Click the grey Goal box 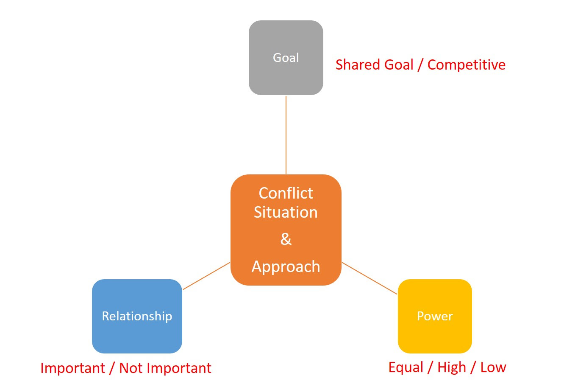(286, 57)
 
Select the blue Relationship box (137, 316)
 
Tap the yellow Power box (435, 316)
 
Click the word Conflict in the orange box (286, 193)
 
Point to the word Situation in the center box (286, 212)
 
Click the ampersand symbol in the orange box (286, 239)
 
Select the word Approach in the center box (286, 267)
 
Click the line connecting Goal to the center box (286, 135)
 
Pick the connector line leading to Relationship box (206, 276)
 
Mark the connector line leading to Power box (370, 278)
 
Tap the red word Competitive (467, 65)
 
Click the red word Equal (406, 367)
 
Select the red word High (452, 367)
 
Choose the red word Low (493, 367)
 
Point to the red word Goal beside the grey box (399, 64)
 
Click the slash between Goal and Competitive (420, 65)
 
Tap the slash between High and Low (473, 368)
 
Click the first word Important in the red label (72, 368)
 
